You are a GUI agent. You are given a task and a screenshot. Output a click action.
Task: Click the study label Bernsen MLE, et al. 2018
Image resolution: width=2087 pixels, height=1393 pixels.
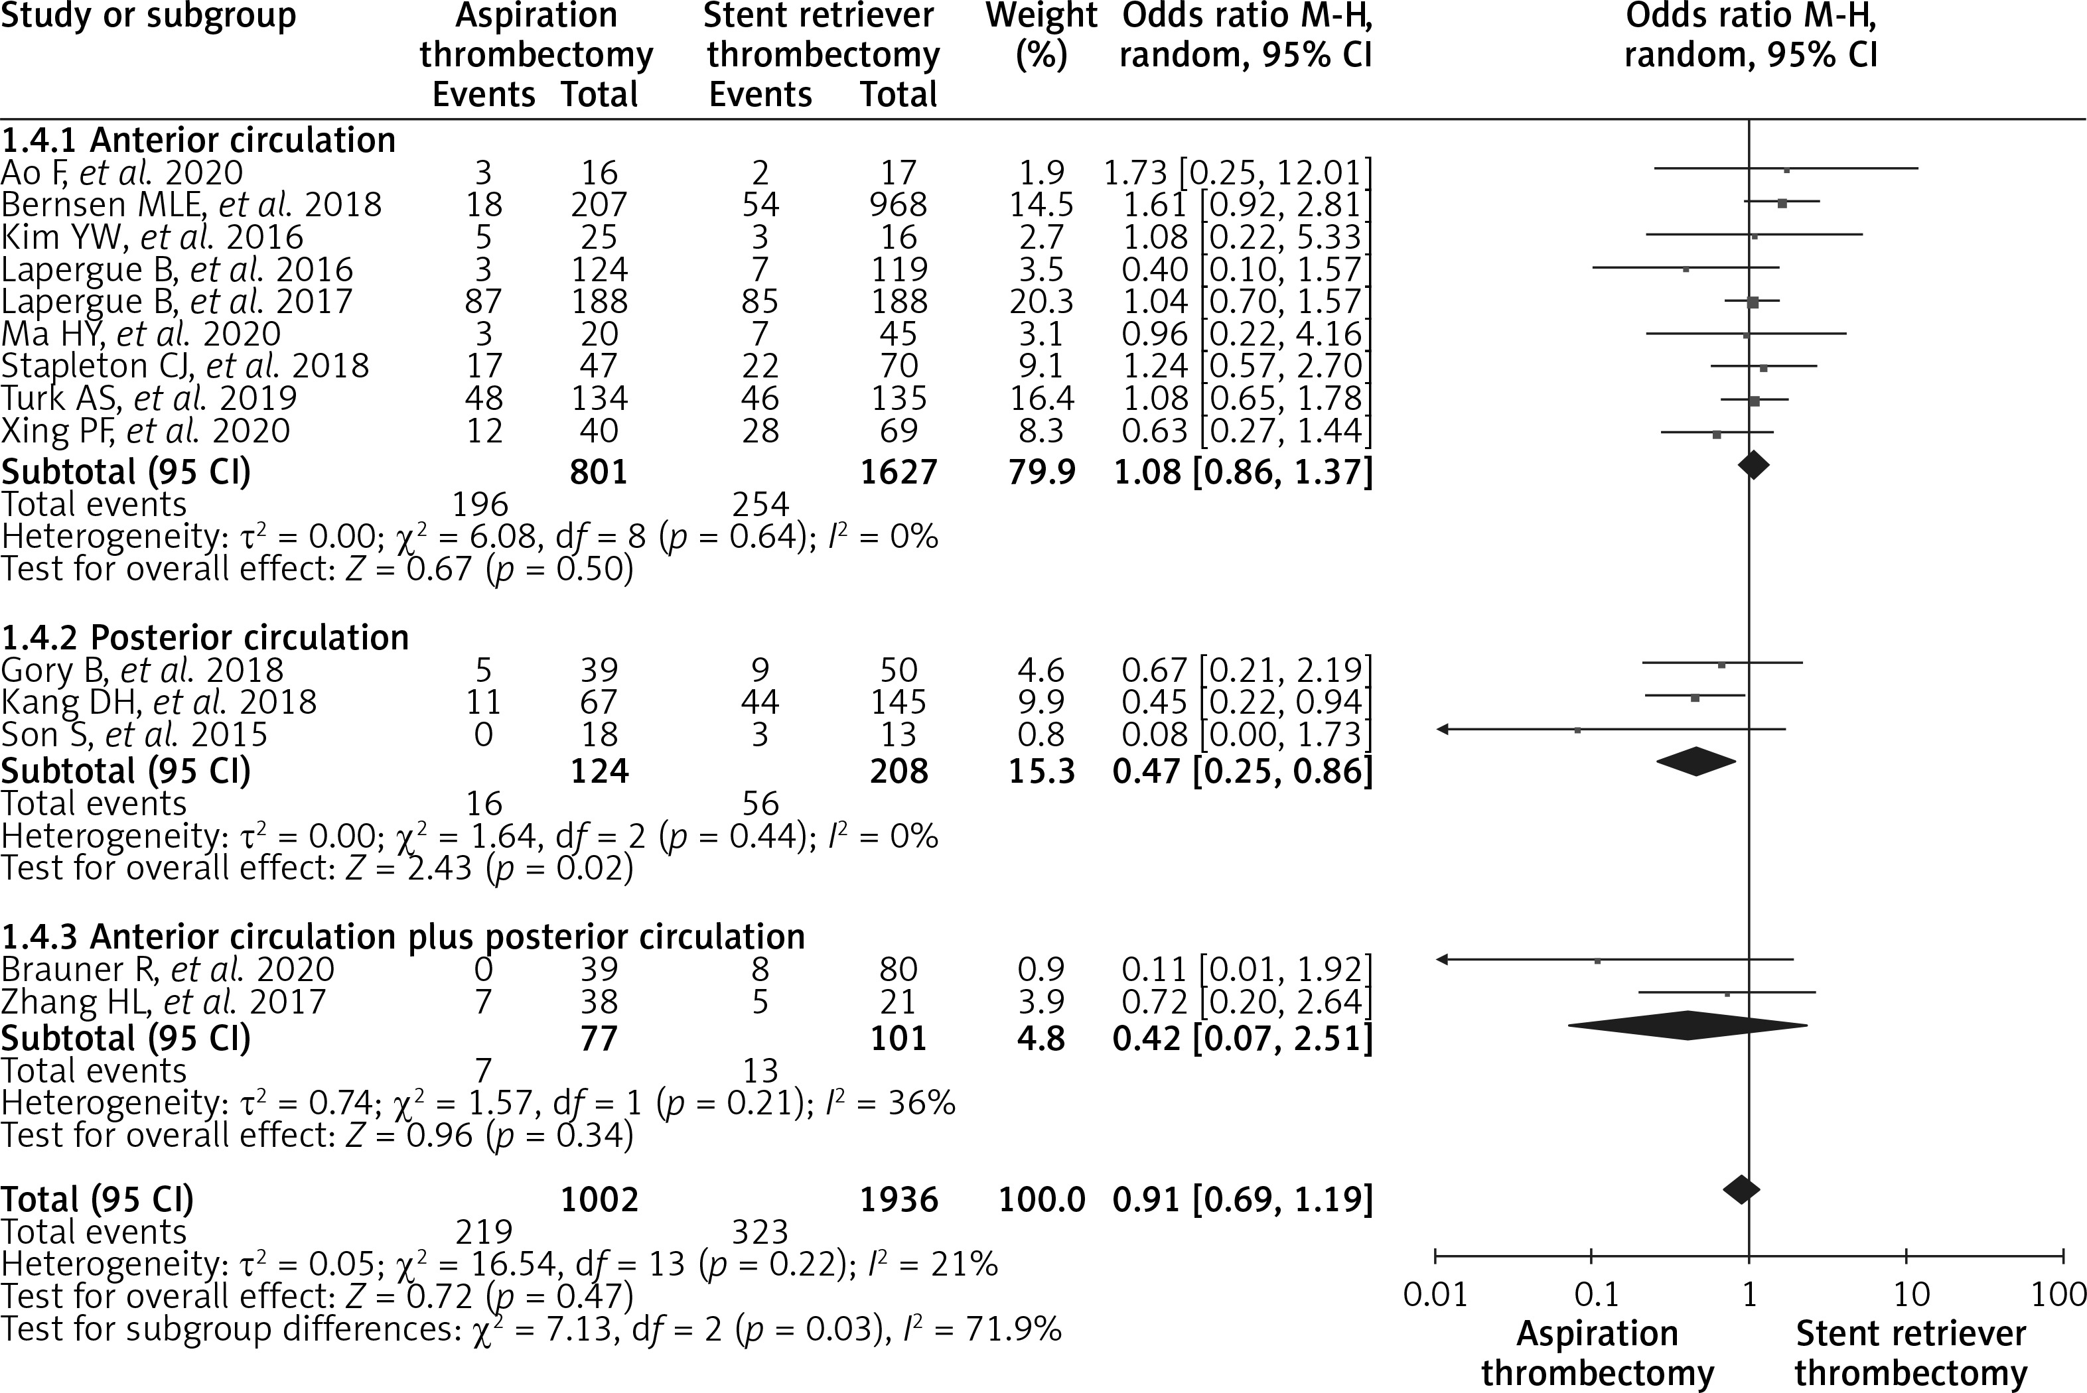point(191,205)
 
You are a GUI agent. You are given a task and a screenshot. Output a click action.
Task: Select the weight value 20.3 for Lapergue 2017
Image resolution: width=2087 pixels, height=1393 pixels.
point(1041,302)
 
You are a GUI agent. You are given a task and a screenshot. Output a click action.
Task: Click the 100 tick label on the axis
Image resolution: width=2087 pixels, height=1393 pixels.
point(2058,1294)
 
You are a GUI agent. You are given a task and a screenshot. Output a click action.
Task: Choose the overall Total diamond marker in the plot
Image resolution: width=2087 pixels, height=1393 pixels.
point(1741,1189)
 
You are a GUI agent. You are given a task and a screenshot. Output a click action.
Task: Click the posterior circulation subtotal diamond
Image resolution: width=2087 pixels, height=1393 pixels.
point(1695,762)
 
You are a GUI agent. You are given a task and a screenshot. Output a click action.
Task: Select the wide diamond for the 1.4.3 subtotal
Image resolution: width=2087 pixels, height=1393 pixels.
point(1688,1026)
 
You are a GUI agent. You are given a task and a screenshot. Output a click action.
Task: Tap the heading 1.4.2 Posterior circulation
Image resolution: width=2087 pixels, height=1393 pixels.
point(205,638)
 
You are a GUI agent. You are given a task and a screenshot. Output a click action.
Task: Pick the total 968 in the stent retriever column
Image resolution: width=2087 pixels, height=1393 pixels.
point(899,205)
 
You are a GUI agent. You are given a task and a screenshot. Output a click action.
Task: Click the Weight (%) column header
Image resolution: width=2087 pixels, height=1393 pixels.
point(1041,36)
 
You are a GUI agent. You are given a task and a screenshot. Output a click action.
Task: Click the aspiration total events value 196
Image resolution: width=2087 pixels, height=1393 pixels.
point(480,505)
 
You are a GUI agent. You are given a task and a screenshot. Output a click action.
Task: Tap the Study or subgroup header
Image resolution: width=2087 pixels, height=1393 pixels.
point(149,16)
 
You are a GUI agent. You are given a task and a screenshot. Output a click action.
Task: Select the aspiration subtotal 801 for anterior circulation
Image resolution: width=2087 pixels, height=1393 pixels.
point(599,471)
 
